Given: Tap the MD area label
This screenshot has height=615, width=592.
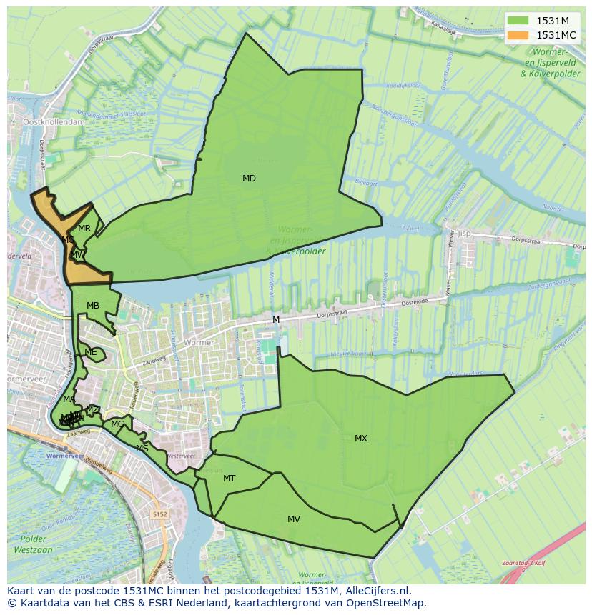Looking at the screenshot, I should [x=249, y=179].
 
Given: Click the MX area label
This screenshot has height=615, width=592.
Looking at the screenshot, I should [x=361, y=439].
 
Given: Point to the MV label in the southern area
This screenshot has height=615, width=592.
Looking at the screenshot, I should [x=294, y=519].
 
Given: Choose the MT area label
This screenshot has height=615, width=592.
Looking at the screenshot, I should [x=229, y=479].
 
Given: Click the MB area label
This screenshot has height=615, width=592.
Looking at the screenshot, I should [x=93, y=306].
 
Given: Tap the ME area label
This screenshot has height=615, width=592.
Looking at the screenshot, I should [x=90, y=352].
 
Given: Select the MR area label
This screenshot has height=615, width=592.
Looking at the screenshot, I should [x=84, y=229].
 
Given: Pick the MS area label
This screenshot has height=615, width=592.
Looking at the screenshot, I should [x=142, y=449].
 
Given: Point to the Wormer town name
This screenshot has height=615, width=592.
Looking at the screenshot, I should [x=199, y=343].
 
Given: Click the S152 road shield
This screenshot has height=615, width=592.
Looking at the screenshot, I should [x=159, y=514].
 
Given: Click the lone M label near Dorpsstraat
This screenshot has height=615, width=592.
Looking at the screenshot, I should [x=276, y=320].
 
